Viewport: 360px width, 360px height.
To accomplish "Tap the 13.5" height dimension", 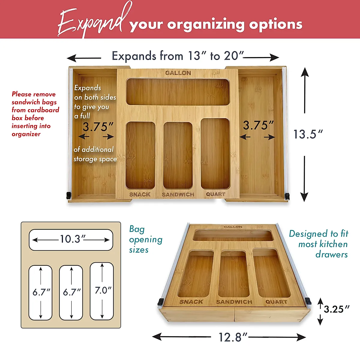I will click(307, 134).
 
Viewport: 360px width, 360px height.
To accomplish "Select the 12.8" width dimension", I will click(232, 337).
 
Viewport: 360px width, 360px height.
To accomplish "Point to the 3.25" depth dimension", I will click(336, 309).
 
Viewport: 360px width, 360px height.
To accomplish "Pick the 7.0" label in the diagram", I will click(103, 290).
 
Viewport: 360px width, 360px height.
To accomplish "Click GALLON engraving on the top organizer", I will click(178, 73).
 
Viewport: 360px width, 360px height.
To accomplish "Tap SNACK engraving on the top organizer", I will click(140, 194).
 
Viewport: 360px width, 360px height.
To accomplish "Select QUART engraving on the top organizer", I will click(215, 194).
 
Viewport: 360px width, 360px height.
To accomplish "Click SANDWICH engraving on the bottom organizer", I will click(234, 302).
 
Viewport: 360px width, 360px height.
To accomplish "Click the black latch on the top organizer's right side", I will click(287, 196).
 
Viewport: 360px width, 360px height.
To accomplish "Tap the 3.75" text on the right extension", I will click(258, 125).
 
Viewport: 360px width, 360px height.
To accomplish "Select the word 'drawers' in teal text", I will click(331, 255).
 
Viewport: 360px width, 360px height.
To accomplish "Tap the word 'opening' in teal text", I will click(146, 240).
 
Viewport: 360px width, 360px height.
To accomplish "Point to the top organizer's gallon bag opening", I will click(178, 92).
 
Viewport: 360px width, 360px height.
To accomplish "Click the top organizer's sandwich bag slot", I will click(178, 155).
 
